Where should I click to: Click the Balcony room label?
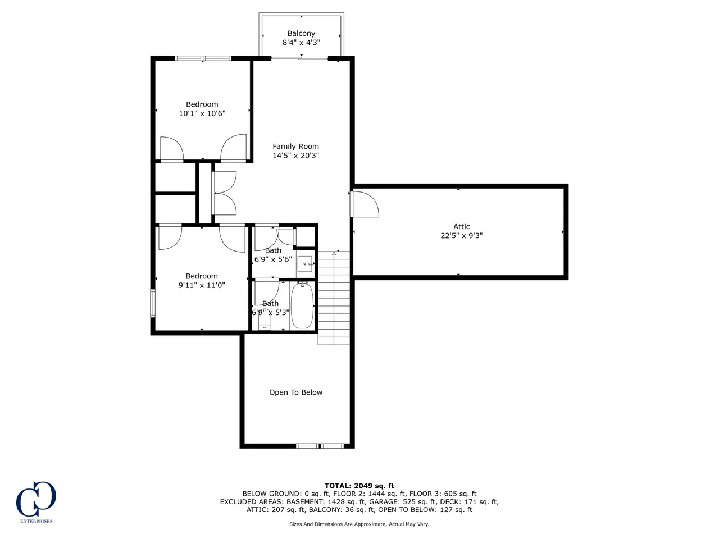[301, 33]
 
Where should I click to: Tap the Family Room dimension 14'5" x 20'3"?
[295, 156]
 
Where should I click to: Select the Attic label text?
[461, 226]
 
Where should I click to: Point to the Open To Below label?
[295, 392]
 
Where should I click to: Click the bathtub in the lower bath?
[302, 305]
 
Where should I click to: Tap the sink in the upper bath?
[305, 264]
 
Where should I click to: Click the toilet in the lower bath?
[265, 319]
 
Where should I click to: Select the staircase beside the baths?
[334, 298]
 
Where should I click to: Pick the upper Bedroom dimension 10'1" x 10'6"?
[202, 113]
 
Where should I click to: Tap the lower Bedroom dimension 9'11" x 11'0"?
[202, 285]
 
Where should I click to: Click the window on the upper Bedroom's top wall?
[203, 58]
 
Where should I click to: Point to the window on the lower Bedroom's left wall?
[153, 303]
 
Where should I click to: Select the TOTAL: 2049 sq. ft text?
[359, 486]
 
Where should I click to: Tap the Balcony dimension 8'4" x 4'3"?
[301, 43]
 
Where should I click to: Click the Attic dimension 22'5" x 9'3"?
[461, 236]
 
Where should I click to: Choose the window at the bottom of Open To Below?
[320, 446]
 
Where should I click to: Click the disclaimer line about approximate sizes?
[359, 524]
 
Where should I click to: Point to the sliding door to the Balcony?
[299, 58]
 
